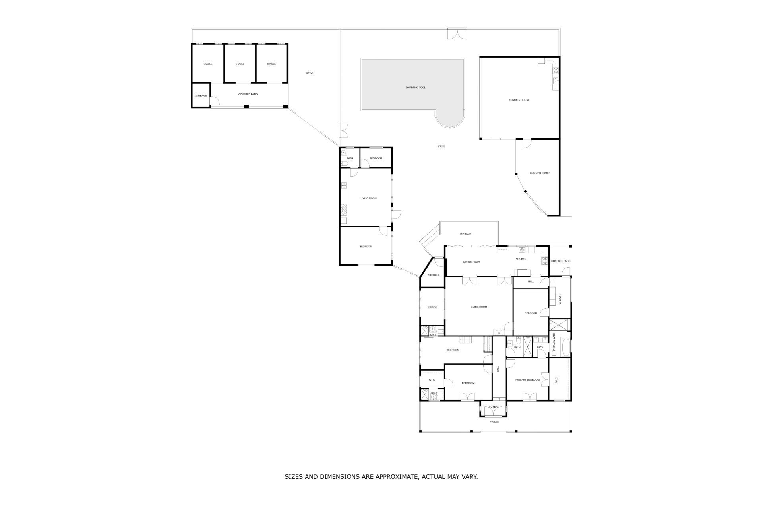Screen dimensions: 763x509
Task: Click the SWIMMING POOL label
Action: point(415,87)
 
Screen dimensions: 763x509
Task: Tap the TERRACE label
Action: point(465,234)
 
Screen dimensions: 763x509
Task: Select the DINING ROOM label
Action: point(472,262)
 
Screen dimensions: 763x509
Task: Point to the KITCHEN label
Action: point(521,259)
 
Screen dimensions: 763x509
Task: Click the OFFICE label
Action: point(432,307)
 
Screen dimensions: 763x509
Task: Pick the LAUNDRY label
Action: point(560,300)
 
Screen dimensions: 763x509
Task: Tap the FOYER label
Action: point(493,407)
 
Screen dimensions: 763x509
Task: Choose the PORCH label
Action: point(494,422)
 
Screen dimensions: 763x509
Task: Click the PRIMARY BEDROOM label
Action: point(527,380)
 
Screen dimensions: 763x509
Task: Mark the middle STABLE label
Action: point(240,64)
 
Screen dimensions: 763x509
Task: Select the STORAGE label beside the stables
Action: point(201,96)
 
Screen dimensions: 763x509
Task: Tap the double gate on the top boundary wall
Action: point(457,33)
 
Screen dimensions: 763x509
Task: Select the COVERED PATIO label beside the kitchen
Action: point(561,261)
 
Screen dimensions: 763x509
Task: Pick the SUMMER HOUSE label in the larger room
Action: point(519,100)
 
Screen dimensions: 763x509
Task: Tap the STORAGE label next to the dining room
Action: point(434,275)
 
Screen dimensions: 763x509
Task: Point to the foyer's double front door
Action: point(493,413)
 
